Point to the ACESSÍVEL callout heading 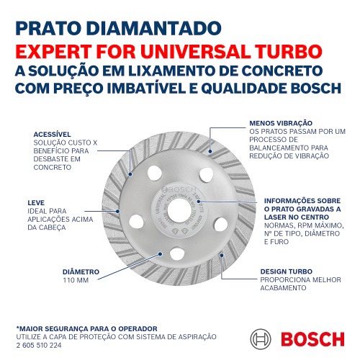(x=54, y=135)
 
